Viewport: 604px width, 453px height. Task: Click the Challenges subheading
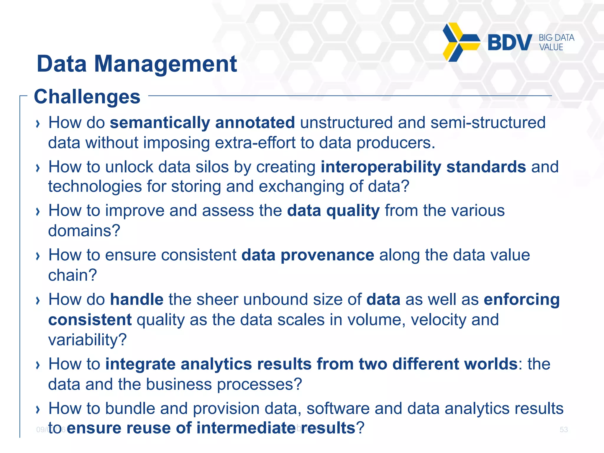click(87, 96)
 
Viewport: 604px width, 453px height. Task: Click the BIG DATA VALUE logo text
click(556, 42)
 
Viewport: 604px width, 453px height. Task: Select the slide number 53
click(564, 429)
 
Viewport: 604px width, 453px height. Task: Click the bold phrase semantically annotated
click(202, 122)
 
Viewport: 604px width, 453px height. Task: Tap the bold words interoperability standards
click(423, 167)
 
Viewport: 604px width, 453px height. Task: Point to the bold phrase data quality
click(333, 211)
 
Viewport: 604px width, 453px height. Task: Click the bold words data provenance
click(308, 255)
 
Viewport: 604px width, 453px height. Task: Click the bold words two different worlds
click(438, 364)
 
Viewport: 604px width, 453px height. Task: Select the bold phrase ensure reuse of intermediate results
click(211, 428)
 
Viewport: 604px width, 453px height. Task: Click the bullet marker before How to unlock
click(37, 168)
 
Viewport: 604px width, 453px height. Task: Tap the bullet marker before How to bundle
click(37, 409)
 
